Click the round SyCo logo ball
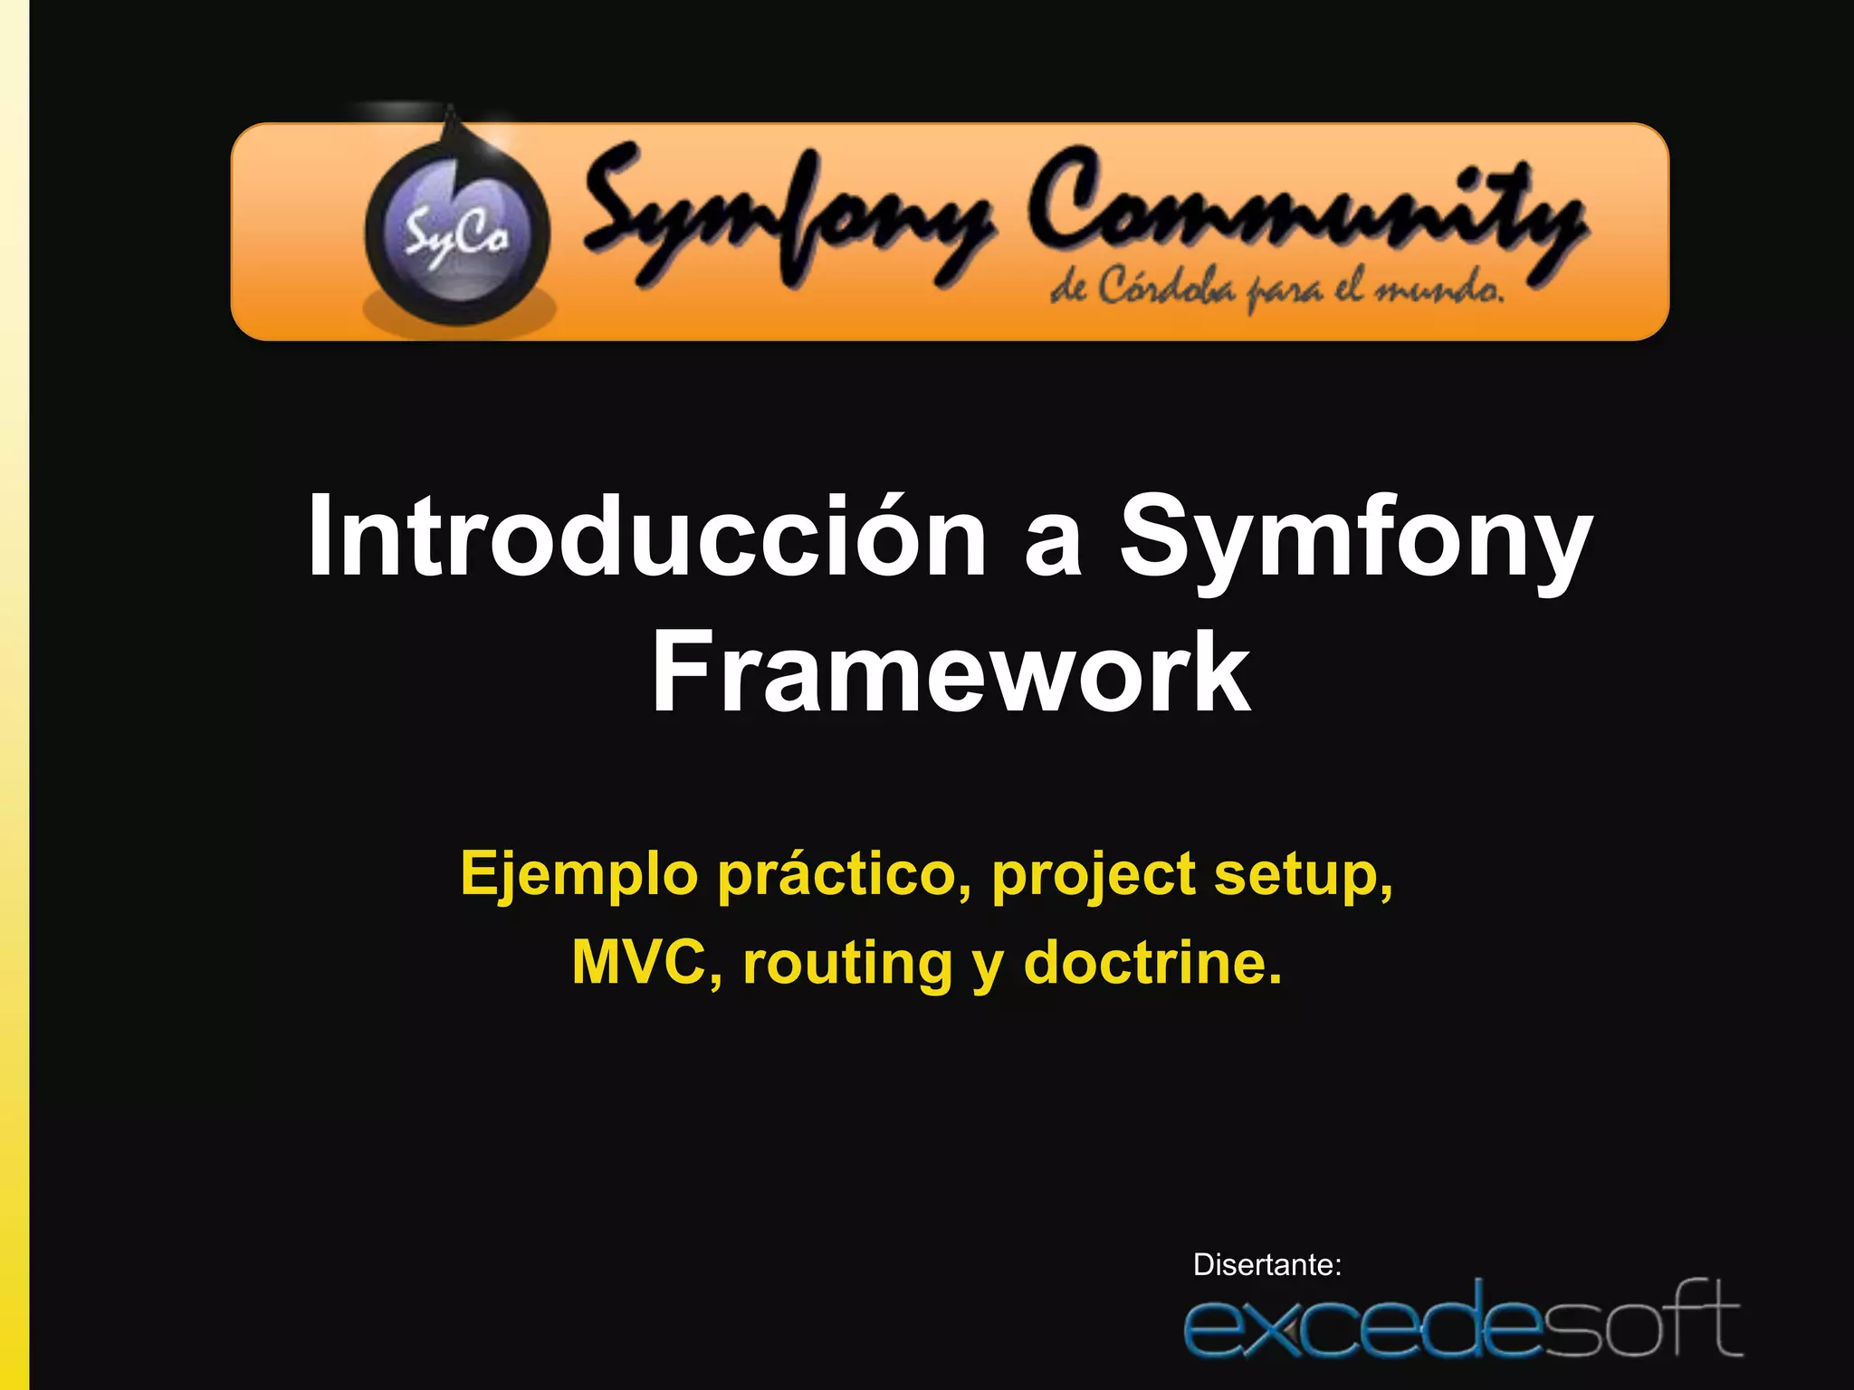457,233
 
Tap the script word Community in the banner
1304,213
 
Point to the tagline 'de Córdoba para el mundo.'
1276,290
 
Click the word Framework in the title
951,671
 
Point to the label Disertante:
1266,1264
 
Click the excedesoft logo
1462,1319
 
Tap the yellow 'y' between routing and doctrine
988,966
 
